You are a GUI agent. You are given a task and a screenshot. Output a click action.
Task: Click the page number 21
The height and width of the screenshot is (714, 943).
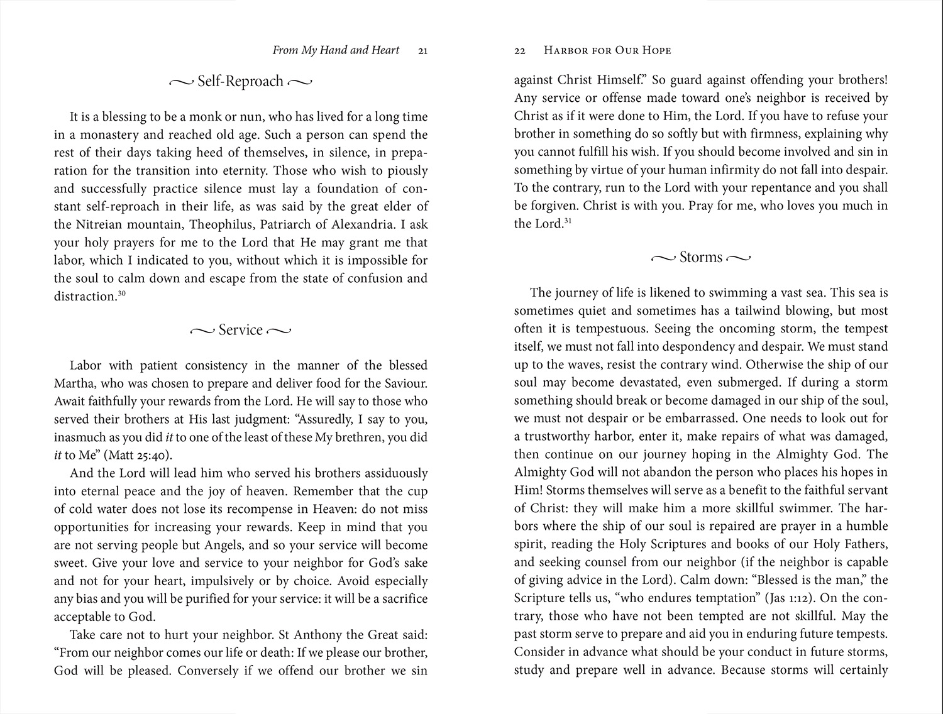(x=422, y=51)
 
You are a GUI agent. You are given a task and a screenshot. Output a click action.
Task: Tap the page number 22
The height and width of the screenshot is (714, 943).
(x=519, y=51)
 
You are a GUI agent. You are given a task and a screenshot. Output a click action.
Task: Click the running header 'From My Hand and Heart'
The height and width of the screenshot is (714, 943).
(x=336, y=50)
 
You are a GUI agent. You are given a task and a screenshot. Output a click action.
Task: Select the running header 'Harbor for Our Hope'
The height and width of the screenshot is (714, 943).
(x=607, y=50)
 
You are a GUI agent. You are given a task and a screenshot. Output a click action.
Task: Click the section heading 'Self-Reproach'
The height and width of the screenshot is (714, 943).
(x=240, y=81)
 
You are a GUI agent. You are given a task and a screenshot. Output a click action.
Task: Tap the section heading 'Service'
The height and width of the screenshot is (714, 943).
(x=240, y=330)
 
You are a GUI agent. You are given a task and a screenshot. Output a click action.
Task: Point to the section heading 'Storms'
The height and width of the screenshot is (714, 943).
(x=701, y=257)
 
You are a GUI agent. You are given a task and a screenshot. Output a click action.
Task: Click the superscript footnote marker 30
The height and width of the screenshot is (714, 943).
(x=122, y=292)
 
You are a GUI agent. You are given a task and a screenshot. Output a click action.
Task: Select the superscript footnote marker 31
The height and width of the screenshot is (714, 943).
(x=568, y=220)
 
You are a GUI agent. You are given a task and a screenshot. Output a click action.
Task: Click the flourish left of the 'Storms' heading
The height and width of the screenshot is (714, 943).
(x=663, y=258)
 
